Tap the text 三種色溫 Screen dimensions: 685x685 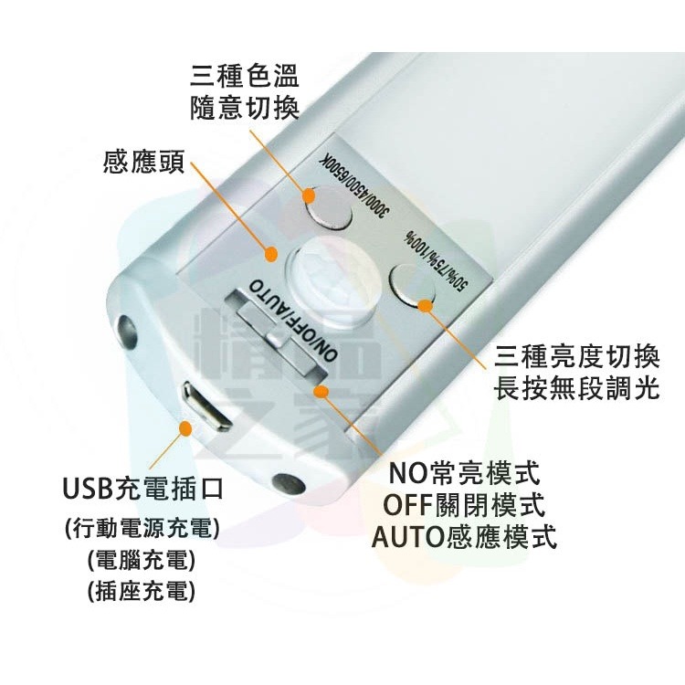pyautogui.click(x=245, y=76)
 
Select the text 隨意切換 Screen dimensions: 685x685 pyautogui.click(x=245, y=108)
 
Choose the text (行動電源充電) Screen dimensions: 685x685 pyautogui.click(x=142, y=529)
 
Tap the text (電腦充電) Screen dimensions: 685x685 pyautogui.click(x=142, y=560)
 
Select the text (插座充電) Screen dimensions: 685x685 pyautogui.click(x=142, y=591)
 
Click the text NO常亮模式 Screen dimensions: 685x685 pyautogui.click(x=464, y=473)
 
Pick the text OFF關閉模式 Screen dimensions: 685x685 pyautogui.click(x=464, y=504)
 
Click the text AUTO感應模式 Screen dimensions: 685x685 pyautogui.click(x=464, y=536)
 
